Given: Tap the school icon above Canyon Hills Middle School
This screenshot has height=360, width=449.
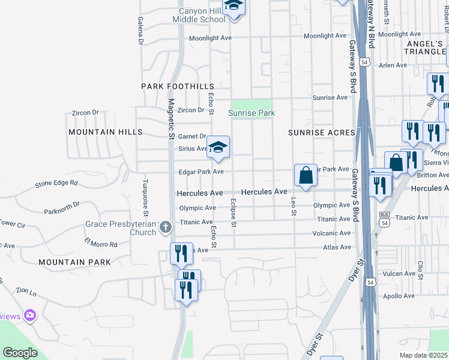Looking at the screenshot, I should tap(234, 7).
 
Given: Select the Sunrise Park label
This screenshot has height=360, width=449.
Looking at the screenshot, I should tap(252, 113).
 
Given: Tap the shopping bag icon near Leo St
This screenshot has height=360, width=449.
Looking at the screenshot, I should tap(306, 176).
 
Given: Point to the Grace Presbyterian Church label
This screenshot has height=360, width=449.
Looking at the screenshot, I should tap(129, 228).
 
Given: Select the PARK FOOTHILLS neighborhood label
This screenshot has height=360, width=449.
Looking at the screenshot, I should tap(178, 86).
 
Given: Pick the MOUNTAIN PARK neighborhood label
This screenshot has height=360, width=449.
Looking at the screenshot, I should tap(74, 262).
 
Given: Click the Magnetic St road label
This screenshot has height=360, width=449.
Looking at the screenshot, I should tap(171, 120).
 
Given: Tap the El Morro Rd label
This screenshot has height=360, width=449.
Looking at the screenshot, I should tap(100, 244).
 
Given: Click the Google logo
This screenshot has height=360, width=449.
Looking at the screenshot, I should tap(20, 352).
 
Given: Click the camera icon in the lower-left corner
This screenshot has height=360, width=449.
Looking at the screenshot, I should tap(31, 315).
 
